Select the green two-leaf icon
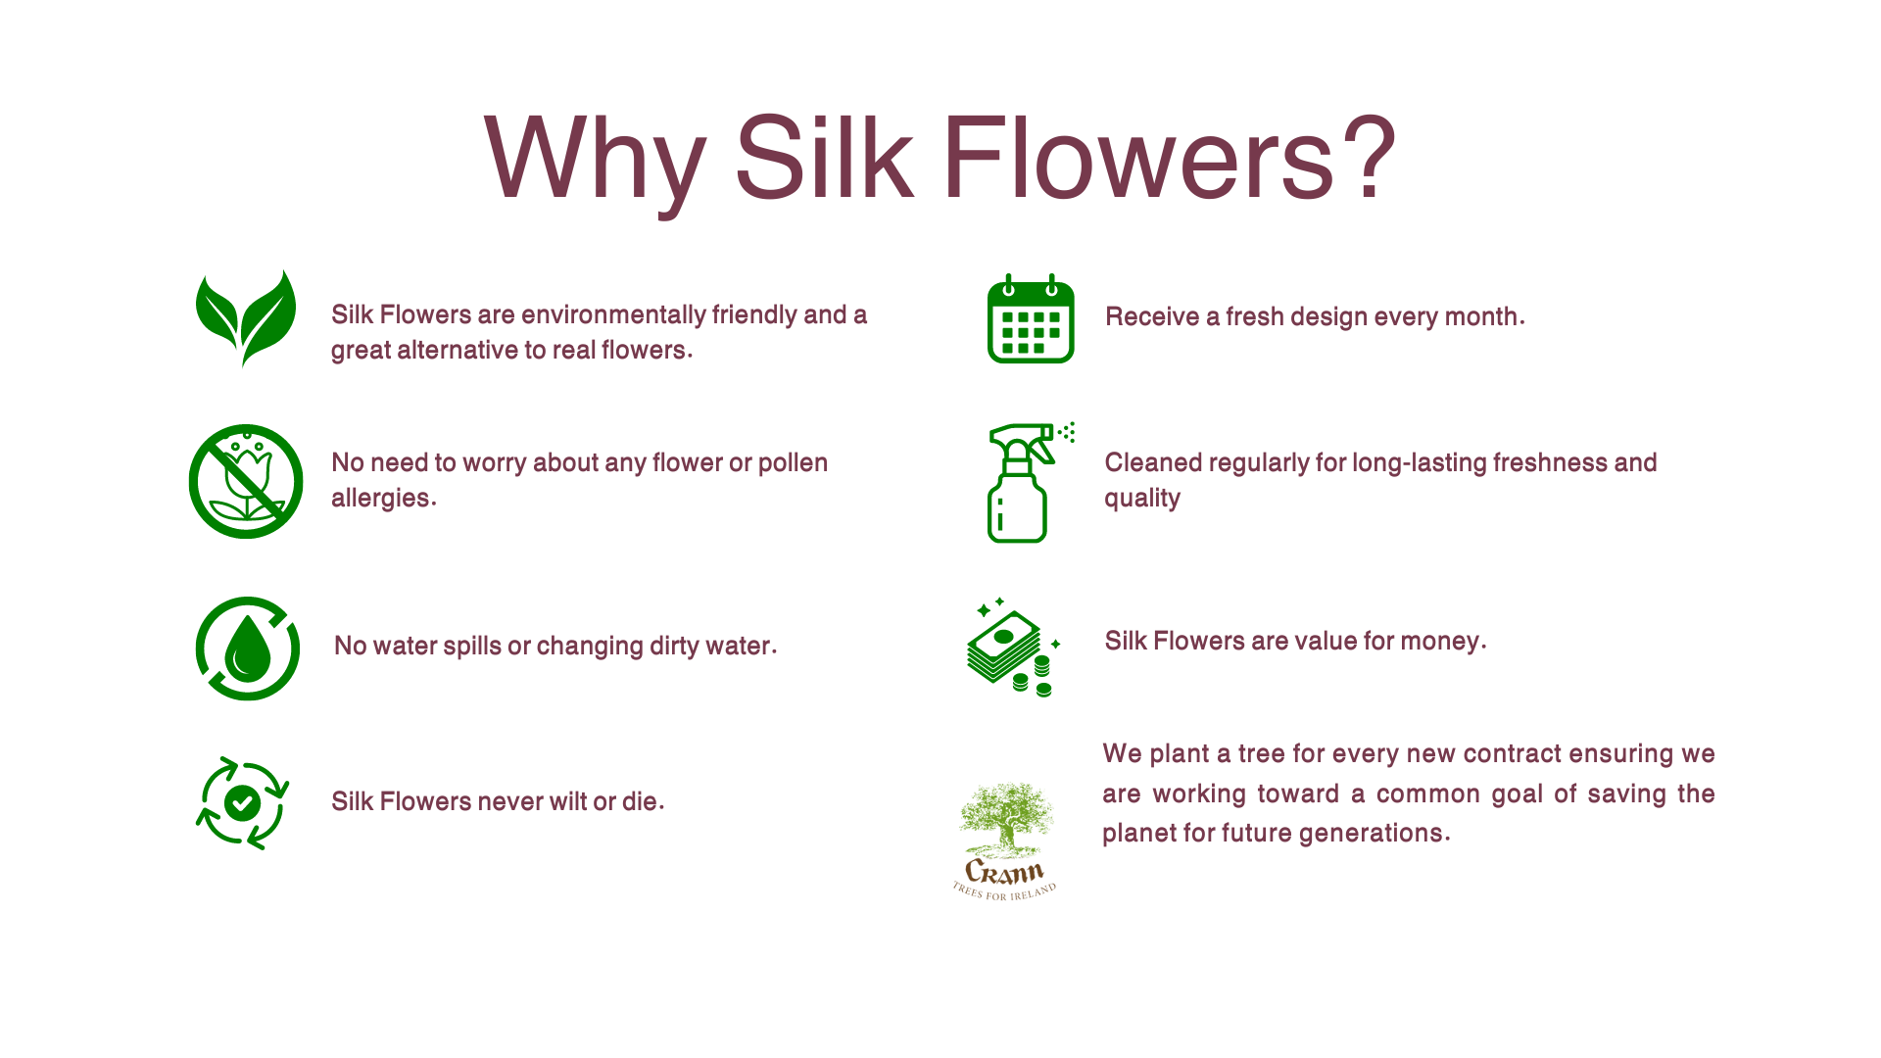tap(246, 318)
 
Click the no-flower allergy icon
tap(246, 481)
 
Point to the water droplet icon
tap(248, 649)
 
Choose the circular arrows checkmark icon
tap(242, 803)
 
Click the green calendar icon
tap(1031, 318)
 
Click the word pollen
tap(793, 463)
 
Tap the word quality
tap(1142, 499)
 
